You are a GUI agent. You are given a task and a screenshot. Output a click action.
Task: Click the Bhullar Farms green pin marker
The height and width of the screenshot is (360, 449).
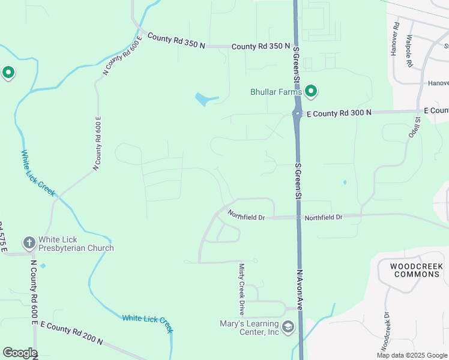(311, 91)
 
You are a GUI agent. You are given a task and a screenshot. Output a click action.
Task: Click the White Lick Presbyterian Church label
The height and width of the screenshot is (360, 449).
(76, 244)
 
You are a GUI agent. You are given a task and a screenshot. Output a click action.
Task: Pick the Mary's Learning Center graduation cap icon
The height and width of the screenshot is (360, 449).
(289, 327)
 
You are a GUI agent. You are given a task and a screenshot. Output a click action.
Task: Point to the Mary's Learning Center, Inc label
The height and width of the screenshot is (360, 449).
(249, 327)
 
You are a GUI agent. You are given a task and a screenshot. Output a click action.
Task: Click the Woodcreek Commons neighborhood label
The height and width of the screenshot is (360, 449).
(416, 270)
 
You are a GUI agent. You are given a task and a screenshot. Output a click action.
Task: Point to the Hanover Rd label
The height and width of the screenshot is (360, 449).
(394, 40)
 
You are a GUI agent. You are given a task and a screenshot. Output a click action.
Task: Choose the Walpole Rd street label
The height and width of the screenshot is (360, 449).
(409, 50)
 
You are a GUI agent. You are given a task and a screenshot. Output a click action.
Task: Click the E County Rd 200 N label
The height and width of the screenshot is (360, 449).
(71, 333)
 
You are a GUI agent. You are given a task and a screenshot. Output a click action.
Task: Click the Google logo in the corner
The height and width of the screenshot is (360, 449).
(20, 353)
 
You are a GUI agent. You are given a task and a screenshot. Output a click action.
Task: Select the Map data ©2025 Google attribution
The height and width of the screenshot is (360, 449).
(411, 355)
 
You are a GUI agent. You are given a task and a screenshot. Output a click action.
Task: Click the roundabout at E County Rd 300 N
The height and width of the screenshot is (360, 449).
(297, 113)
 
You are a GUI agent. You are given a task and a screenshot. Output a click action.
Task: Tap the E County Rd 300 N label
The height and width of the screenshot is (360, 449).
(339, 113)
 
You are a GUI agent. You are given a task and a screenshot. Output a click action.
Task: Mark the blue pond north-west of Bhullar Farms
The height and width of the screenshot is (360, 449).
(204, 98)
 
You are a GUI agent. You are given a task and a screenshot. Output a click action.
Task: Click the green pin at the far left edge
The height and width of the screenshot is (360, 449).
(8, 73)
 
